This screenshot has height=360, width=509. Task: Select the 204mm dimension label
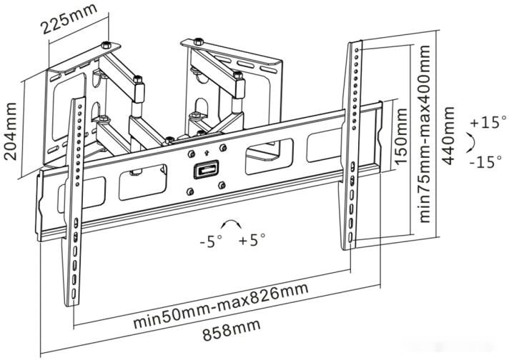coord(11,131)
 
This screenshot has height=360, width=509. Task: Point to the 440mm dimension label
coord(448,136)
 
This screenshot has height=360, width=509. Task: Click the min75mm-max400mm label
coord(425,134)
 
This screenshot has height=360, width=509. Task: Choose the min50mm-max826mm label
coord(221,305)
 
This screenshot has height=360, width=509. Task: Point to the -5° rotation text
coord(211,241)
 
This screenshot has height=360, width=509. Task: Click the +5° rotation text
coord(252,240)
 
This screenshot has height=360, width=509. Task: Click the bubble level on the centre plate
coord(206,169)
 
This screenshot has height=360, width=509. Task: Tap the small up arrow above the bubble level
coord(206,153)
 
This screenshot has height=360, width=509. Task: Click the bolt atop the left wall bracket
coord(106,44)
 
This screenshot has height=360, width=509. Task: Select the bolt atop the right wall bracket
coord(198,41)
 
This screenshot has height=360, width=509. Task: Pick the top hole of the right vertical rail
coord(357,50)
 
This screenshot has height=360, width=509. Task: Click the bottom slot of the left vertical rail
coord(74,294)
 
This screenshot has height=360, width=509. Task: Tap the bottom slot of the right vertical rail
coord(350,237)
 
